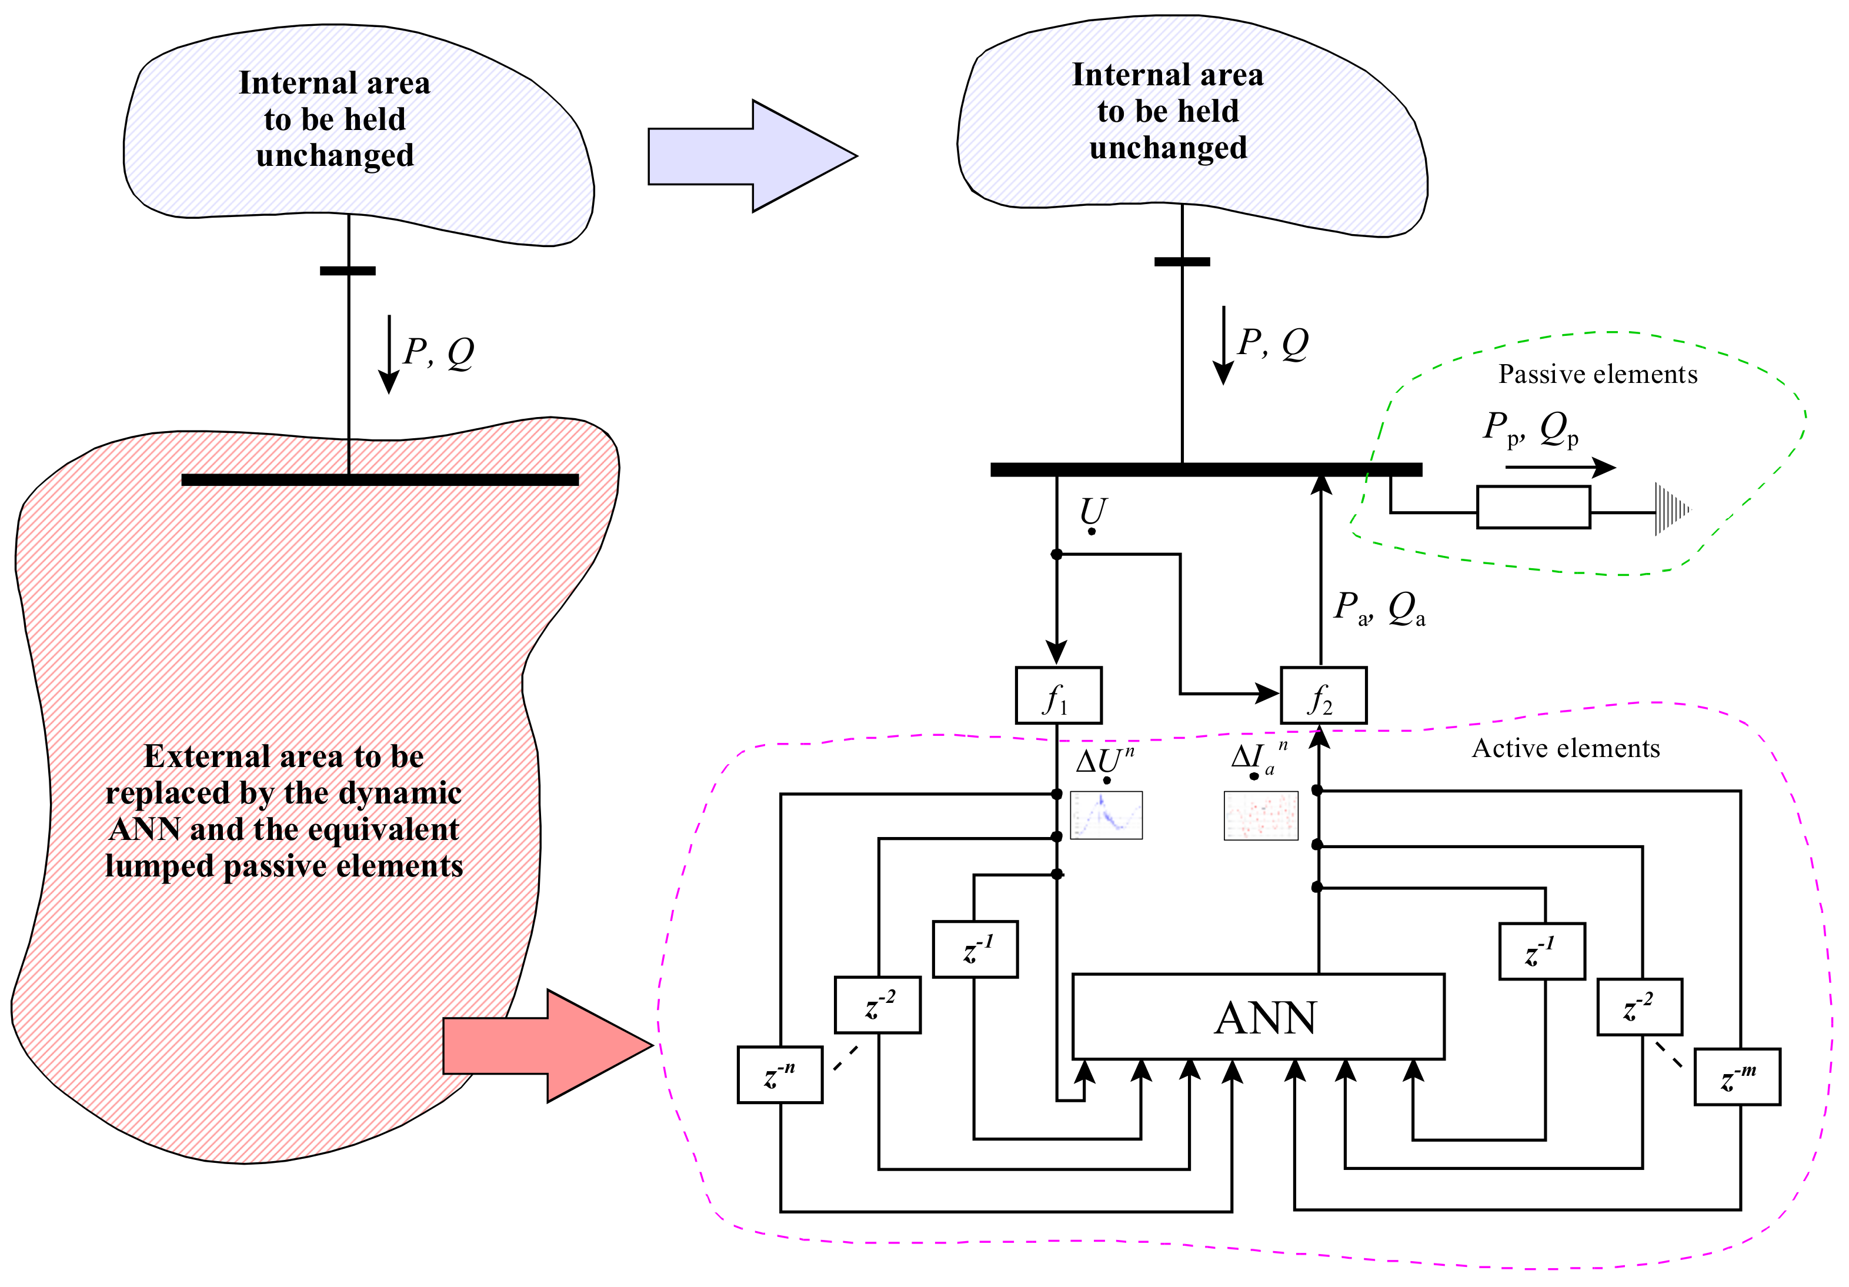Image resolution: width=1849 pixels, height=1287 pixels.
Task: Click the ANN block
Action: click(1258, 1016)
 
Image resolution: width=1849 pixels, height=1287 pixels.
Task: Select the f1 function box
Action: click(1058, 695)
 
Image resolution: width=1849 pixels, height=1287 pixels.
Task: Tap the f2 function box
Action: click(1323, 695)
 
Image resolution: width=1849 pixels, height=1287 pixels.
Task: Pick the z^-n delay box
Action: click(780, 1075)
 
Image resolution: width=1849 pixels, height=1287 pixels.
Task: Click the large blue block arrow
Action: click(752, 156)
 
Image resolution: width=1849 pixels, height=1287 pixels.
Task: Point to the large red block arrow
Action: click(548, 1045)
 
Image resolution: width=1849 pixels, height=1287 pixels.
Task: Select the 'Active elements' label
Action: click(1566, 748)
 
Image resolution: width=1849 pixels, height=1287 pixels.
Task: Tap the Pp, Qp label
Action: click(1531, 428)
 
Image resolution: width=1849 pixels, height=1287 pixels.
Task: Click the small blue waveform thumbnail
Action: click(1106, 815)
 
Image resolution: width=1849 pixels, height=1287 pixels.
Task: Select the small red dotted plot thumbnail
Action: click(1260, 816)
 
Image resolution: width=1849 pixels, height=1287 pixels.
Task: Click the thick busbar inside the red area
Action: click(380, 480)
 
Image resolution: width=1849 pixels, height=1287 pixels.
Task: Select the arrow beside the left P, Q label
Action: click(389, 354)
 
